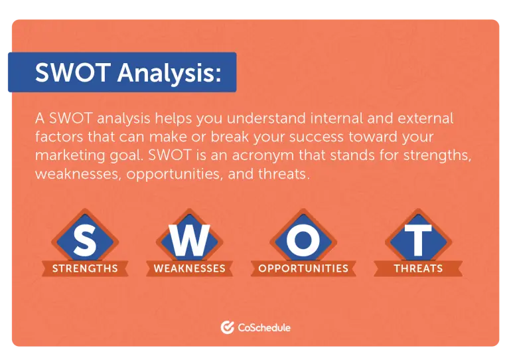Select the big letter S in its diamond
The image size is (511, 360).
click(x=84, y=240)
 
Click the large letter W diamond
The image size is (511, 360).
click(x=188, y=240)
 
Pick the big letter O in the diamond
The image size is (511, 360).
click(x=303, y=240)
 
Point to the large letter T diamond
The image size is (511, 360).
click(x=417, y=240)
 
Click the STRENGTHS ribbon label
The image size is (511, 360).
click(x=84, y=269)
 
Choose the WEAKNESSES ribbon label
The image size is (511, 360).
click(x=189, y=269)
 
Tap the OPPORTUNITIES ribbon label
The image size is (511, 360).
click(x=303, y=268)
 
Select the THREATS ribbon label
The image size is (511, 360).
click(x=417, y=269)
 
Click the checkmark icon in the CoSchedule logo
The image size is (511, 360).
click(x=227, y=327)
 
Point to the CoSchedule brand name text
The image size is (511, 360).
click(x=264, y=327)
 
